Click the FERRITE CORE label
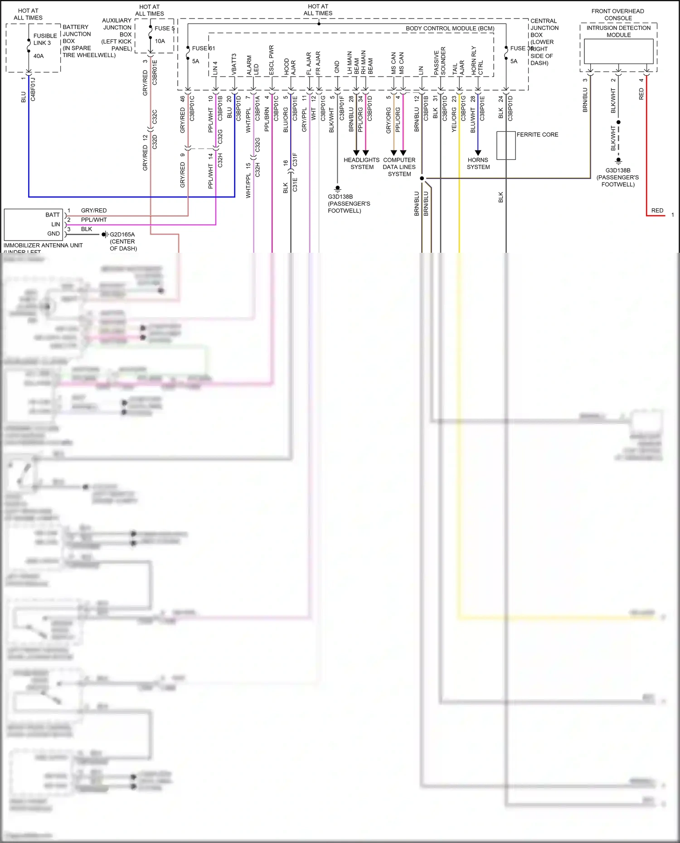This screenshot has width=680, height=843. (537, 135)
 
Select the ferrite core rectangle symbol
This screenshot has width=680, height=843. (506, 145)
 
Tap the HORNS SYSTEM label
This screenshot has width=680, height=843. (478, 164)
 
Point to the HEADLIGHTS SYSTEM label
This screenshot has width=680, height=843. (361, 164)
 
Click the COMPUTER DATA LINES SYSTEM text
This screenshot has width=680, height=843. (399, 167)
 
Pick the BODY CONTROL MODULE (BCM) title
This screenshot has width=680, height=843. (450, 29)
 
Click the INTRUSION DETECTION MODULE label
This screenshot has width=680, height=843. (618, 31)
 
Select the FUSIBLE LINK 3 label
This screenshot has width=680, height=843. (45, 39)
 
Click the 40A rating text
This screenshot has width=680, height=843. (39, 56)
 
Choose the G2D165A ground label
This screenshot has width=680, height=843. (122, 235)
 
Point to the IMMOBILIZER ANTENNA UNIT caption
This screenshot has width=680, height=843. (43, 246)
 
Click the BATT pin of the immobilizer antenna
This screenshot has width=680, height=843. (53, 215)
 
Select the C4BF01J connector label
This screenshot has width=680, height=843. (33, 89)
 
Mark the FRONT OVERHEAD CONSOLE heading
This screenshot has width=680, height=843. (617, 14)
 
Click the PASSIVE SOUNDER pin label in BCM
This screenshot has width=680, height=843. (440, 61)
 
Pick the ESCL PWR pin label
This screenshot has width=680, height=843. (272, 60)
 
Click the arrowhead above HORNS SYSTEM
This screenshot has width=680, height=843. (478, 153)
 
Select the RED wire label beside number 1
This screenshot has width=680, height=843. (657, 211)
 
